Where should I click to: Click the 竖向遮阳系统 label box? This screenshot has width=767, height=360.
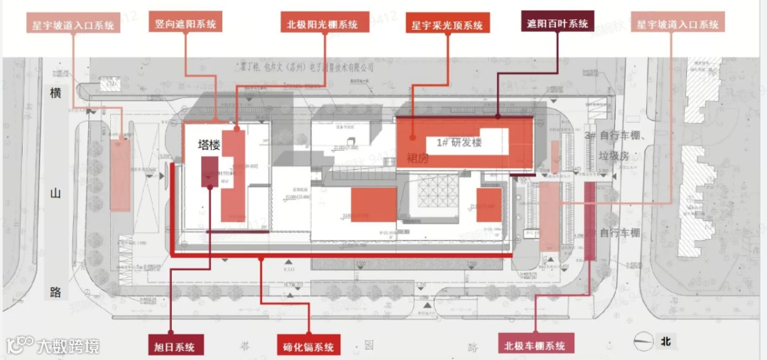tap(185, 23)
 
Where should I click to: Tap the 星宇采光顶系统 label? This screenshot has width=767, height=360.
tap(447, 25)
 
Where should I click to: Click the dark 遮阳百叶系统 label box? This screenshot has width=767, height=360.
tap(557, 23)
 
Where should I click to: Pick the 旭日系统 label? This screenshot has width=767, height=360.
tap(175, 346)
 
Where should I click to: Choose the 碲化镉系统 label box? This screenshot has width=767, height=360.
tap(308, 347)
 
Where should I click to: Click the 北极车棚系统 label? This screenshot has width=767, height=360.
tap(535, 346)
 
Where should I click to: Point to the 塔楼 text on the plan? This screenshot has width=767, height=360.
tap(209, 145)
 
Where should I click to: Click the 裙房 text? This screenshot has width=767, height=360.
tap(418, 158)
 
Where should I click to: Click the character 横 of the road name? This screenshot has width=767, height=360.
tap(57, 93)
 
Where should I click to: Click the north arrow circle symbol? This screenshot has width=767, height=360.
tap(643, 342)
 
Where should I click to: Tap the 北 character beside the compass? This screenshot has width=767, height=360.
tap(665, 342)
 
